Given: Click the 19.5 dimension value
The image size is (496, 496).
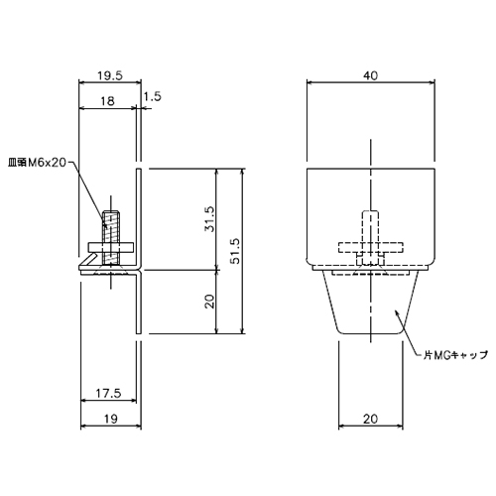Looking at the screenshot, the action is pos(110,75).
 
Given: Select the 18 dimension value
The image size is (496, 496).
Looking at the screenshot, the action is pos(107,100).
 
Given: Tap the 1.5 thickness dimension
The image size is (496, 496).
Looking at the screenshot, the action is pos(153,96).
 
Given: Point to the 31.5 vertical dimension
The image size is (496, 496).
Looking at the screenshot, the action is pos(209,219).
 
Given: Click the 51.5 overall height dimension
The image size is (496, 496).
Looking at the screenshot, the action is pos(235,251).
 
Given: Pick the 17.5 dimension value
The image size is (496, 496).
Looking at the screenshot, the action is pos(109,394).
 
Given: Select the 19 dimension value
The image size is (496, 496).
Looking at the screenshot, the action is pos(111,419).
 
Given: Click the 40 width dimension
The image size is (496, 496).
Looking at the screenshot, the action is pos(371,75).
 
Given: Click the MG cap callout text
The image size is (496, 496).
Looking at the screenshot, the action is pos(456,355).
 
